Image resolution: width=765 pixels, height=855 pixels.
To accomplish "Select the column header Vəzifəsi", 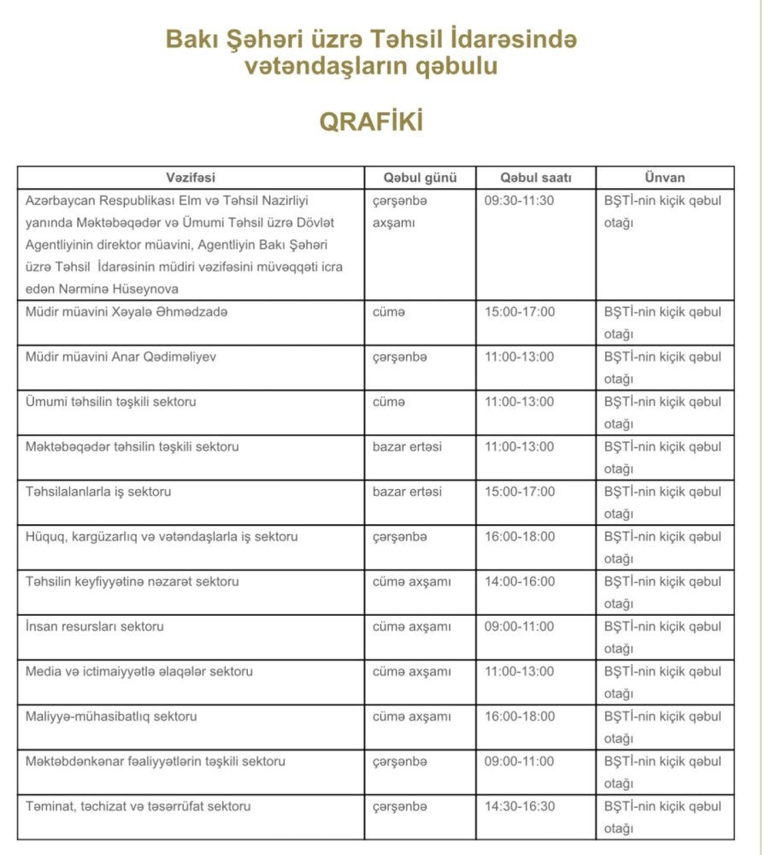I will point(190,178).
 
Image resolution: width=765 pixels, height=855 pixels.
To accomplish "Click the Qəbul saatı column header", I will point(535,178).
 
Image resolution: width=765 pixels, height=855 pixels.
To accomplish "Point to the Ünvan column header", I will point(664,178).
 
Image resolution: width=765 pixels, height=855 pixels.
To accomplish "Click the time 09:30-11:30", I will point(519,201).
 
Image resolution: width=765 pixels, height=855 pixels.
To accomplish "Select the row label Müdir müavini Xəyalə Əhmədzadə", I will point(127,312).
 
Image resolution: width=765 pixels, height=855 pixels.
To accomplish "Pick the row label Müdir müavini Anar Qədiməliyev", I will point(121,357).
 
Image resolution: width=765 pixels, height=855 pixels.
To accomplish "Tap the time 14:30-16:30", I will point(519,806).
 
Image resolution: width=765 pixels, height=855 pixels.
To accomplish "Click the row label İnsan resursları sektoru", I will point(94,627).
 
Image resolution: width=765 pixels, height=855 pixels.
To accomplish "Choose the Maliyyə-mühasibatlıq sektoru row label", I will point(111,716).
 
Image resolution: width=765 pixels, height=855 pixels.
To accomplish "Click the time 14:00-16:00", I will point(519,581).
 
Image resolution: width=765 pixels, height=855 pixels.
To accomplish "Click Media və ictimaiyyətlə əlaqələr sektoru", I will point(138,671).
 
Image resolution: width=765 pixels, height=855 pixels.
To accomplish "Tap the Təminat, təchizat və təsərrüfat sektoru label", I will point(138,806).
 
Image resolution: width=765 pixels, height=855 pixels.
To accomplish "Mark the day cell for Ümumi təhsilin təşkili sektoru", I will point(389,402).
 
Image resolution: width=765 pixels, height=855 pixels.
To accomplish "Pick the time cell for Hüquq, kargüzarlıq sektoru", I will point(519,537).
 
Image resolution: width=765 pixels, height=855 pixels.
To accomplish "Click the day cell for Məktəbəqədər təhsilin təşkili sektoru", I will point(407,446).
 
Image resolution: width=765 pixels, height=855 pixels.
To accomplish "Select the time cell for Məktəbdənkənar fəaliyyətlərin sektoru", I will point(519,761).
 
